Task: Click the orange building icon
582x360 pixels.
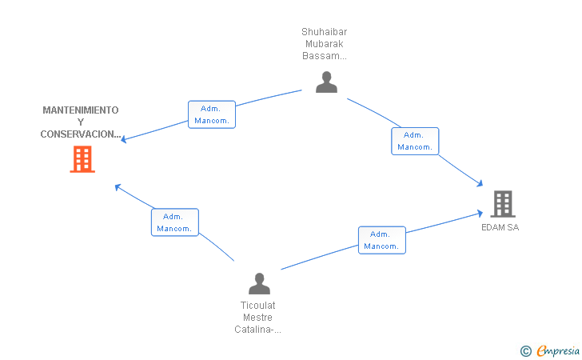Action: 82,159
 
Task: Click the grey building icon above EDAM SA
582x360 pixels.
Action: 503,203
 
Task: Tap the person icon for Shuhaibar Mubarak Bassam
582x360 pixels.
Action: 326,82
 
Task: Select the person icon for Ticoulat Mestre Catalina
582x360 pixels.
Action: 260,283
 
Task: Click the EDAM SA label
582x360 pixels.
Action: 500,227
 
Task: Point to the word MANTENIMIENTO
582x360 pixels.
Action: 81,110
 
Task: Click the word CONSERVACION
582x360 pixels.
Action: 79,134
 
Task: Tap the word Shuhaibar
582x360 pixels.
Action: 324,31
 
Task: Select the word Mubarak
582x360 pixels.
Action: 324,44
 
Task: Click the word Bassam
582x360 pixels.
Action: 321,56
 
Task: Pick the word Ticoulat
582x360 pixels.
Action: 257,306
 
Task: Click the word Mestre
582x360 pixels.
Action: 257,318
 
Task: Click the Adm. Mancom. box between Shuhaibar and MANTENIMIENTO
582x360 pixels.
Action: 212,114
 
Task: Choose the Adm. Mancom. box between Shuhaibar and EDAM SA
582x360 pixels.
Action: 415,141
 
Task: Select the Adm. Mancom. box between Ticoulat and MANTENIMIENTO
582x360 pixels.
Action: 175,222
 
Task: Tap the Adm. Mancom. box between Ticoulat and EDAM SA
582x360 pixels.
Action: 382,240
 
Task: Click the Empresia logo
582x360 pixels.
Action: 558,350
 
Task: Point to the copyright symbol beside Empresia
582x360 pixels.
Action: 525,351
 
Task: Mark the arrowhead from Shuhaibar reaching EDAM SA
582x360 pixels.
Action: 480,183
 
